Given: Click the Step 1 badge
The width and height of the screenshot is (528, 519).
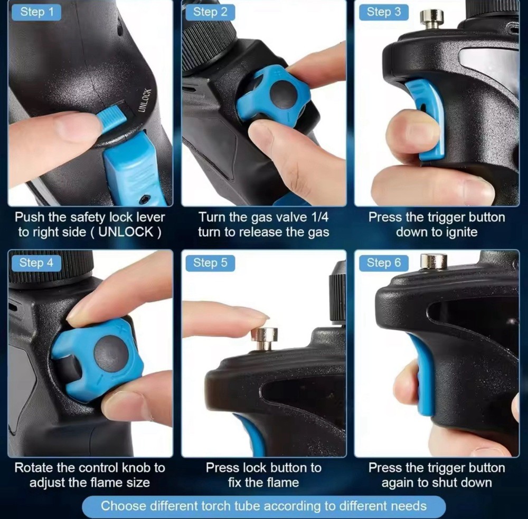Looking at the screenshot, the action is pos(36,12).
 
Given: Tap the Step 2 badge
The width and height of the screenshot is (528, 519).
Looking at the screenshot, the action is pos(210,12).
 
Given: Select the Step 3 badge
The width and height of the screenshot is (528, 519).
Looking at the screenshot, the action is pos(383,12).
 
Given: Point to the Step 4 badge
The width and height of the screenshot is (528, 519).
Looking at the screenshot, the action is pos(36,263).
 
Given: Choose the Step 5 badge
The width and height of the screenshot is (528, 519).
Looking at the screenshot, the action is pos(210,263).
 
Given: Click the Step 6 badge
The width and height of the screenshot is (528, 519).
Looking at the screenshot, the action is pos(383,263).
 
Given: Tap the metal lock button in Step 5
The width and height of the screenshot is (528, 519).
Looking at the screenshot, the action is pos(265,339).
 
